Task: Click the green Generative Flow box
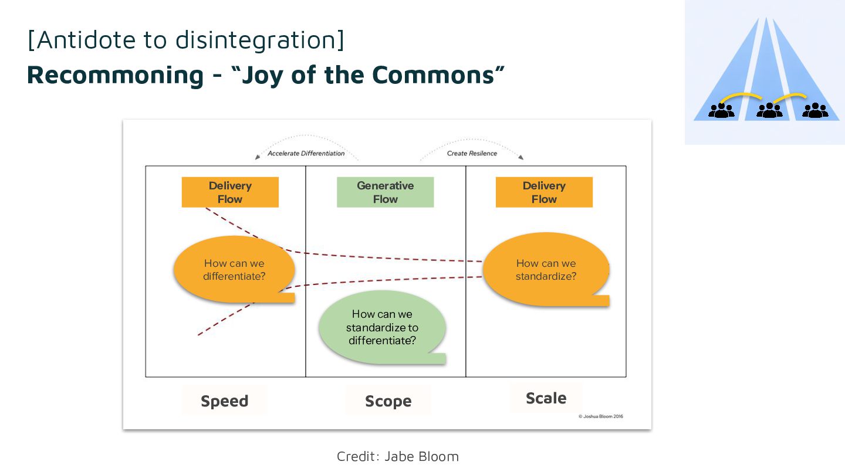pyautogui.click(x=385, y=192)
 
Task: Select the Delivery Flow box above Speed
pyautogui.click(x=230, y=192)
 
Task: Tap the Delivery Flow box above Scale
pyautogui.click(x=544, y=192)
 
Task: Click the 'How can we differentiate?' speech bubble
pyautogui.click(x=234, y=270)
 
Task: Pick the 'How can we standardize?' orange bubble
pyautogui.click(x=546, y=270)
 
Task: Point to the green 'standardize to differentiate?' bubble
pyautogui.click(x=382, y=327)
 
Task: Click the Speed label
pyautogui.click(x=224, y=401)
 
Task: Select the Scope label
pyautogui.click(x=388, y=401)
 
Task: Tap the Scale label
pyautogui.click(x=546, y=398)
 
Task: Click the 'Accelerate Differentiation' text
pyautogui.click(x=306, y=154)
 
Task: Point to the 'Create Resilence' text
pyautogui.click(x=472, y=154)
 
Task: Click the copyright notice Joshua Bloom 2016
pyautogui.click(x=600, y=417)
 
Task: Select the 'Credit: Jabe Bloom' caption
pyautogui.click(x=397, y=456)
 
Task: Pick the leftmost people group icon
pyautogui.click(x=721, y=111)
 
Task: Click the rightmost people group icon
pyautogui.click(x=815, y=111)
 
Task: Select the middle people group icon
pyautogui.click(x=769, y=111)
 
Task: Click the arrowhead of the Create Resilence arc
pyautogui.click(x=520, y=157)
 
